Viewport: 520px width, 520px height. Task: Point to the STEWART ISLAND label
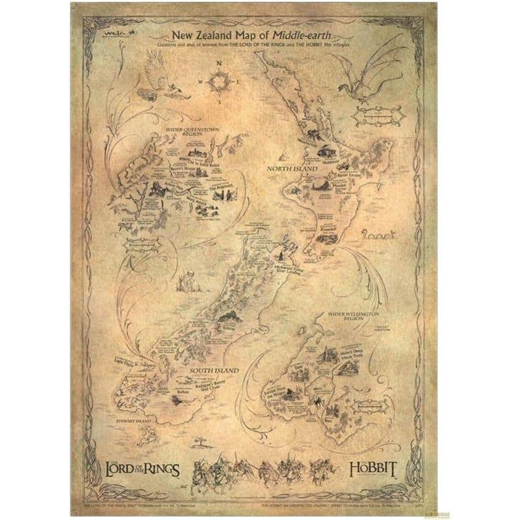coord(132,420)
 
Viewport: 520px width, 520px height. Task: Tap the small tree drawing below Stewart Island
coord(199,441)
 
